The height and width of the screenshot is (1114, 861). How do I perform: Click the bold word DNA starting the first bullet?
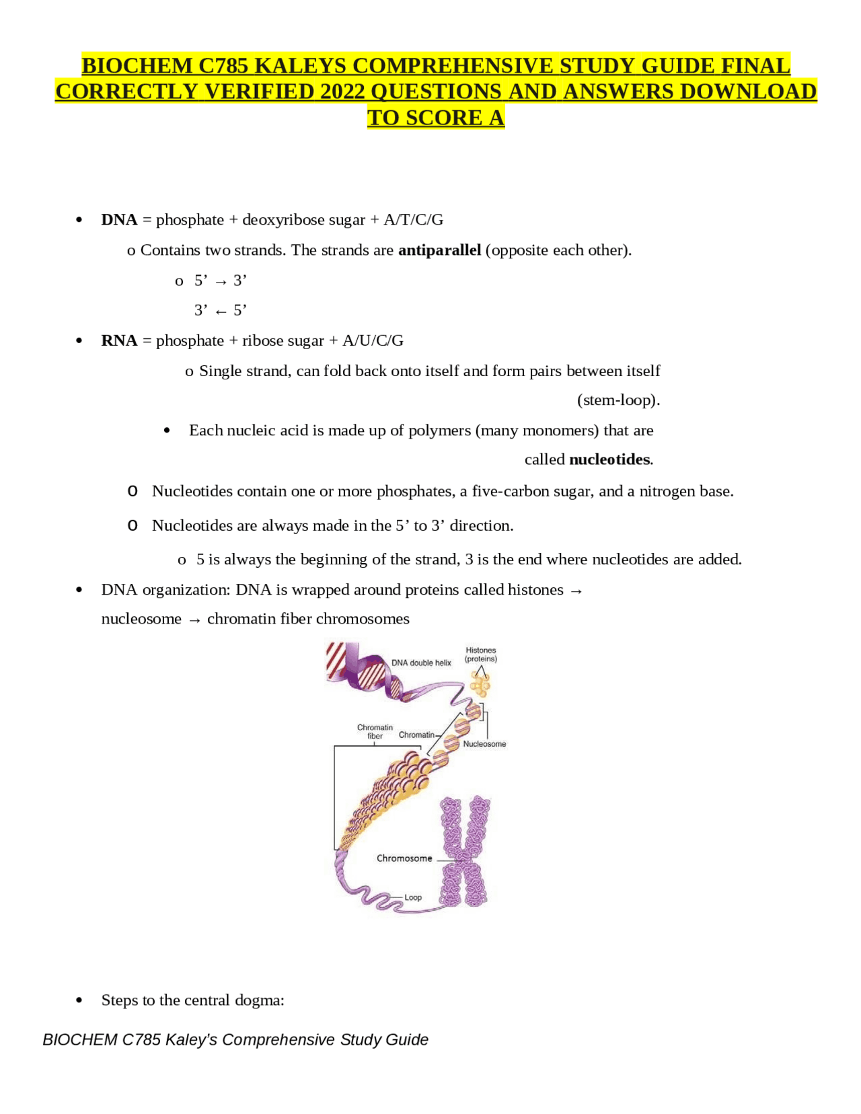pos(119,220)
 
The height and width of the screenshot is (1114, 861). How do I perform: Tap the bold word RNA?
pos(119,341)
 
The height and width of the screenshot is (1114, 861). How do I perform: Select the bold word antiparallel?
pos(439,250)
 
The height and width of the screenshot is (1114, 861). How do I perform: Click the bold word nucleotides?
pos(610,459)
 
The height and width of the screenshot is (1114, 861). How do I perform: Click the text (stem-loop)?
pos(618,400)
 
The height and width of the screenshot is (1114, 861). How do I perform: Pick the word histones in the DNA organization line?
pos(535,590)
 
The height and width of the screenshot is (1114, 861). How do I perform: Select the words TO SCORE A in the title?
pos(436,118)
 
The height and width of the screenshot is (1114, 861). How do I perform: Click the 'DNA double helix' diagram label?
pos(421,663)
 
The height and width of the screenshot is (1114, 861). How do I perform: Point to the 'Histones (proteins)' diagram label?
pos(481,655)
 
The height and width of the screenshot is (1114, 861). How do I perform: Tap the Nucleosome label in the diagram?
pos(484,744)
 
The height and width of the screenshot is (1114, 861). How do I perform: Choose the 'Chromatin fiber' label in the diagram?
pos(375,732)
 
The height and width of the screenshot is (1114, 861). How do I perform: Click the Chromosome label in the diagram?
pos(404,858)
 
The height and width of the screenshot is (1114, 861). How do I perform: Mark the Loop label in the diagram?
pos(413,897)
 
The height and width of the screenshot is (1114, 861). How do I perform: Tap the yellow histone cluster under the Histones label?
pos(480,685)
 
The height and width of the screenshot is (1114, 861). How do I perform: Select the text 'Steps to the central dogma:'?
pos(193,1000)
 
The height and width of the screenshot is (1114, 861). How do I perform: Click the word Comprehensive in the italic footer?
pos(278,1040)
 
